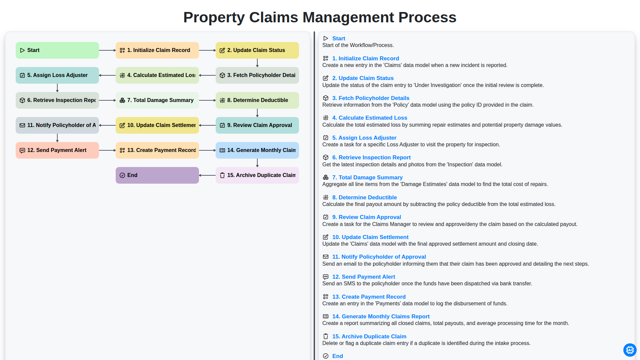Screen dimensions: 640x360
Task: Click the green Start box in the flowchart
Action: [x=57, y=50]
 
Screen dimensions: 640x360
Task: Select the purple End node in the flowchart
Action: [x=157, y=175]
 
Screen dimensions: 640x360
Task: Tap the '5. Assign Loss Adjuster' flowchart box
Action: [x=57, y=75]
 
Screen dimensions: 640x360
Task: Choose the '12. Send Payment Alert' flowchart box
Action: [x=57, y=150]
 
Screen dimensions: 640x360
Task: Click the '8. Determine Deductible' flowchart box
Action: [x=257, y=100]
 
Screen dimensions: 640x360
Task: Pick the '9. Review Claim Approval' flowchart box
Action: [x=257, y=125]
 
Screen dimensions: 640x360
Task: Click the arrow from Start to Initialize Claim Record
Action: [x=107, y=50]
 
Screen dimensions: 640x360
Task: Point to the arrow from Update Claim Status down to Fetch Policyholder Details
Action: [x=257, y=63]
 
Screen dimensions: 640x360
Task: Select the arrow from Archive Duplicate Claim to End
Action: [x=207, y=175]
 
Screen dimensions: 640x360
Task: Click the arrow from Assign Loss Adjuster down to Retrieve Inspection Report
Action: [x=57, y=88]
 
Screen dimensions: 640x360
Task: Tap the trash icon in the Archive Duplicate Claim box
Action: [x=222, y=175]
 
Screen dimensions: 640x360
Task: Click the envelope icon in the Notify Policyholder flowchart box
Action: [x=22, y=125]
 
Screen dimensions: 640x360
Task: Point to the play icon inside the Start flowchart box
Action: [x=22, y=50]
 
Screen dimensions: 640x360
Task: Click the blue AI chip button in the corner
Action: [x=630, y=350]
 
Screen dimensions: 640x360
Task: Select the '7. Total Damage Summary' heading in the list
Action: [x=367, y=177]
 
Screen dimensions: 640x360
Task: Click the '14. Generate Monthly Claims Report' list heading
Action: [x=381, y=316]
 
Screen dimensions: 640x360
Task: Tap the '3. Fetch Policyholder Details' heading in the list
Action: [x=371, y=98]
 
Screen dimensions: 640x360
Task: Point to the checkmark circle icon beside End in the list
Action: [x=326, y=356]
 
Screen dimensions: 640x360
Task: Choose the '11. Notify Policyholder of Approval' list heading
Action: [x=379, y=257]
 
